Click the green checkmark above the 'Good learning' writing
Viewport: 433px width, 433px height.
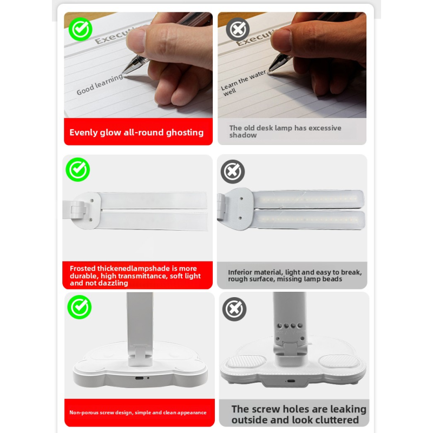point(80,29)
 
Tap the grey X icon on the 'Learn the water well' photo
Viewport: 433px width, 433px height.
point(237,29)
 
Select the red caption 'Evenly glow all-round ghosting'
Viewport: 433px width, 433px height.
point(136,133)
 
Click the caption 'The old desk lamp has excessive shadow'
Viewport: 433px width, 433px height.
point(285,132)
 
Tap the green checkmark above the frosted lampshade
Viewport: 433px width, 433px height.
point(78,170)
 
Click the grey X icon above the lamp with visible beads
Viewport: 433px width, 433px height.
point(233,172)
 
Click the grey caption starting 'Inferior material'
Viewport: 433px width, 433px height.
point(294,275)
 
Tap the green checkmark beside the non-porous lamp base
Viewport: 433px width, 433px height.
point(80,307)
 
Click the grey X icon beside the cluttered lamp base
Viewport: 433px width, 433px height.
point(234,309)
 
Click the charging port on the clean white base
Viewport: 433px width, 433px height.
point(139,377)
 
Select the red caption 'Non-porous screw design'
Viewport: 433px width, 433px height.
point(138,412)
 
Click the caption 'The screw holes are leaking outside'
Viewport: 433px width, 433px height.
point(299,415)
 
